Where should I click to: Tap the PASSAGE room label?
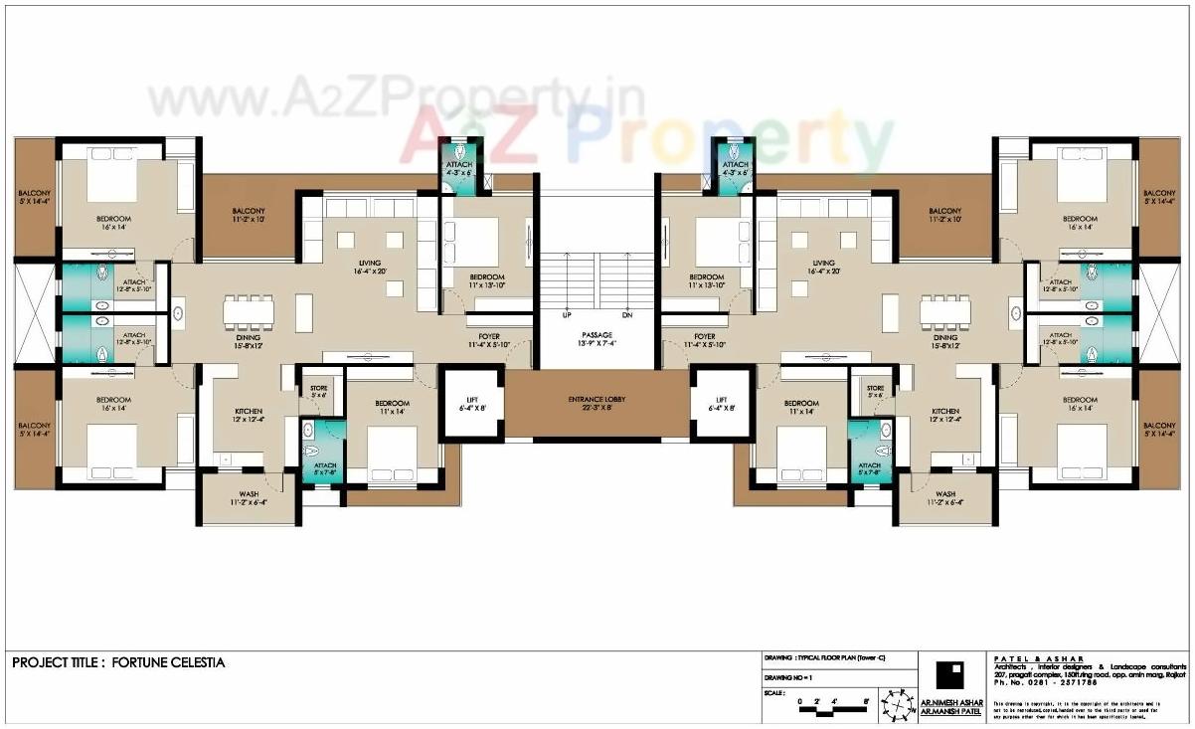click(596, 334)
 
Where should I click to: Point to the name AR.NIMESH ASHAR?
click(952, 702)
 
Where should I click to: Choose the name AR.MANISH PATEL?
click(952, 712)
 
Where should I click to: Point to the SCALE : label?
click(775, 692)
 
